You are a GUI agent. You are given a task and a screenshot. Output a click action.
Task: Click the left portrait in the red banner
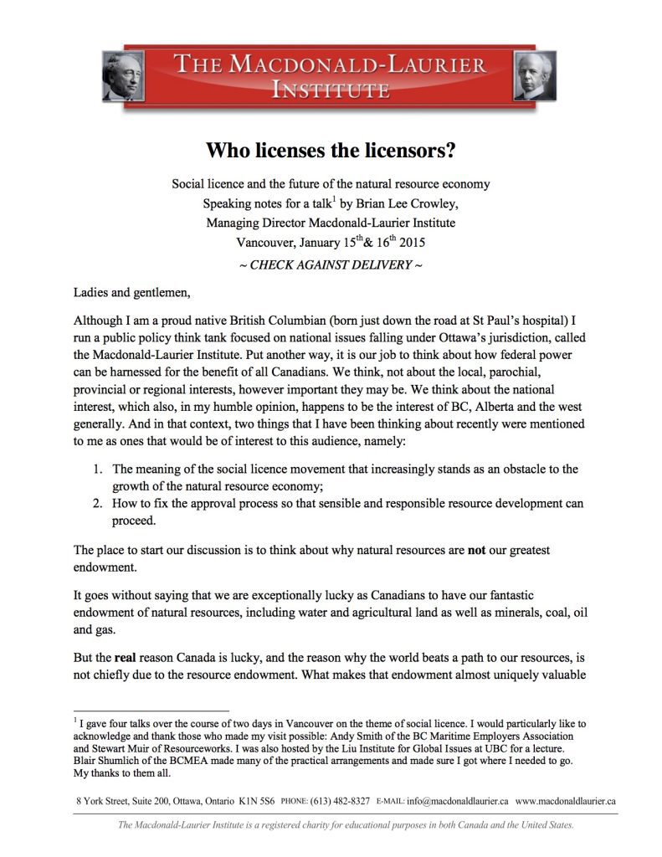click(122, 76)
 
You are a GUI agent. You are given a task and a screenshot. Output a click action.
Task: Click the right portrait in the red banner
click(534, 76)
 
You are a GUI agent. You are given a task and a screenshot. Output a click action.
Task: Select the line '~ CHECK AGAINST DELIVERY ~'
click(331, 265)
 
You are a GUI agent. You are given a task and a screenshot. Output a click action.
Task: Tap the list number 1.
click(97, 470)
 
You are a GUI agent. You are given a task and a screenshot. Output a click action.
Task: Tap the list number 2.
click(97, 504)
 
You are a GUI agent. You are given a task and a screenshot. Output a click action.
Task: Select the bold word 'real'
click(118, 658)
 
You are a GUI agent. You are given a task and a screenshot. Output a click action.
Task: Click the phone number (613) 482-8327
click(341, 801)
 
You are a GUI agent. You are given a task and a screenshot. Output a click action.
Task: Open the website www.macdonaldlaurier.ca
click(566, 801)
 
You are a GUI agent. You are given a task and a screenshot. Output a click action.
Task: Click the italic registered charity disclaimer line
click(346, 825)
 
